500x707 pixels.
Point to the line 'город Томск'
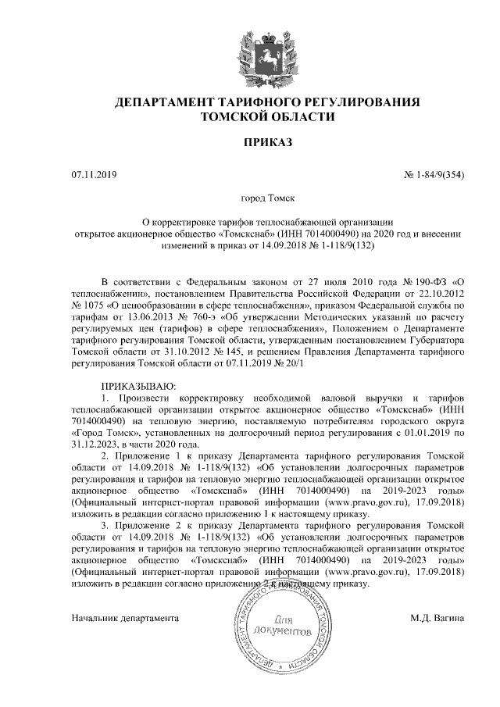(x=267, y=200)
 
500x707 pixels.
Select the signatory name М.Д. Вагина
(x=437, y=618)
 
